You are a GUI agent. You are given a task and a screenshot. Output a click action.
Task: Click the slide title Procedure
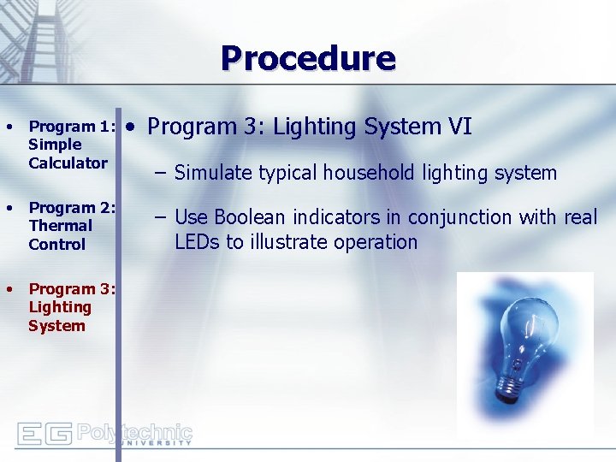click(x=308, y=59)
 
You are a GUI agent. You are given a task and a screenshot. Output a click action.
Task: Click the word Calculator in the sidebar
click(x=68, y=163)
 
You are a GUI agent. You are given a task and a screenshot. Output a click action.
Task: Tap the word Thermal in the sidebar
click(x=60, y=226)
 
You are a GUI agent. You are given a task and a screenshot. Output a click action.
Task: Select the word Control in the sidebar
click(x=57, y=244)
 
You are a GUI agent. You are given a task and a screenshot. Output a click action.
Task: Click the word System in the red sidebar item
click(x=56, y=325)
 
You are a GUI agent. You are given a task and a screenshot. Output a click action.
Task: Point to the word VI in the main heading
click(x=459, y=127)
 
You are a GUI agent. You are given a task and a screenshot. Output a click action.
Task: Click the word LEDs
click(x=198, y=242)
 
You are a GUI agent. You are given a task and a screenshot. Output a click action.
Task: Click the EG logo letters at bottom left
click(x=44, y=434)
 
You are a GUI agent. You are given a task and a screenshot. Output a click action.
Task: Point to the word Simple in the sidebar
click(x=55, y=145)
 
